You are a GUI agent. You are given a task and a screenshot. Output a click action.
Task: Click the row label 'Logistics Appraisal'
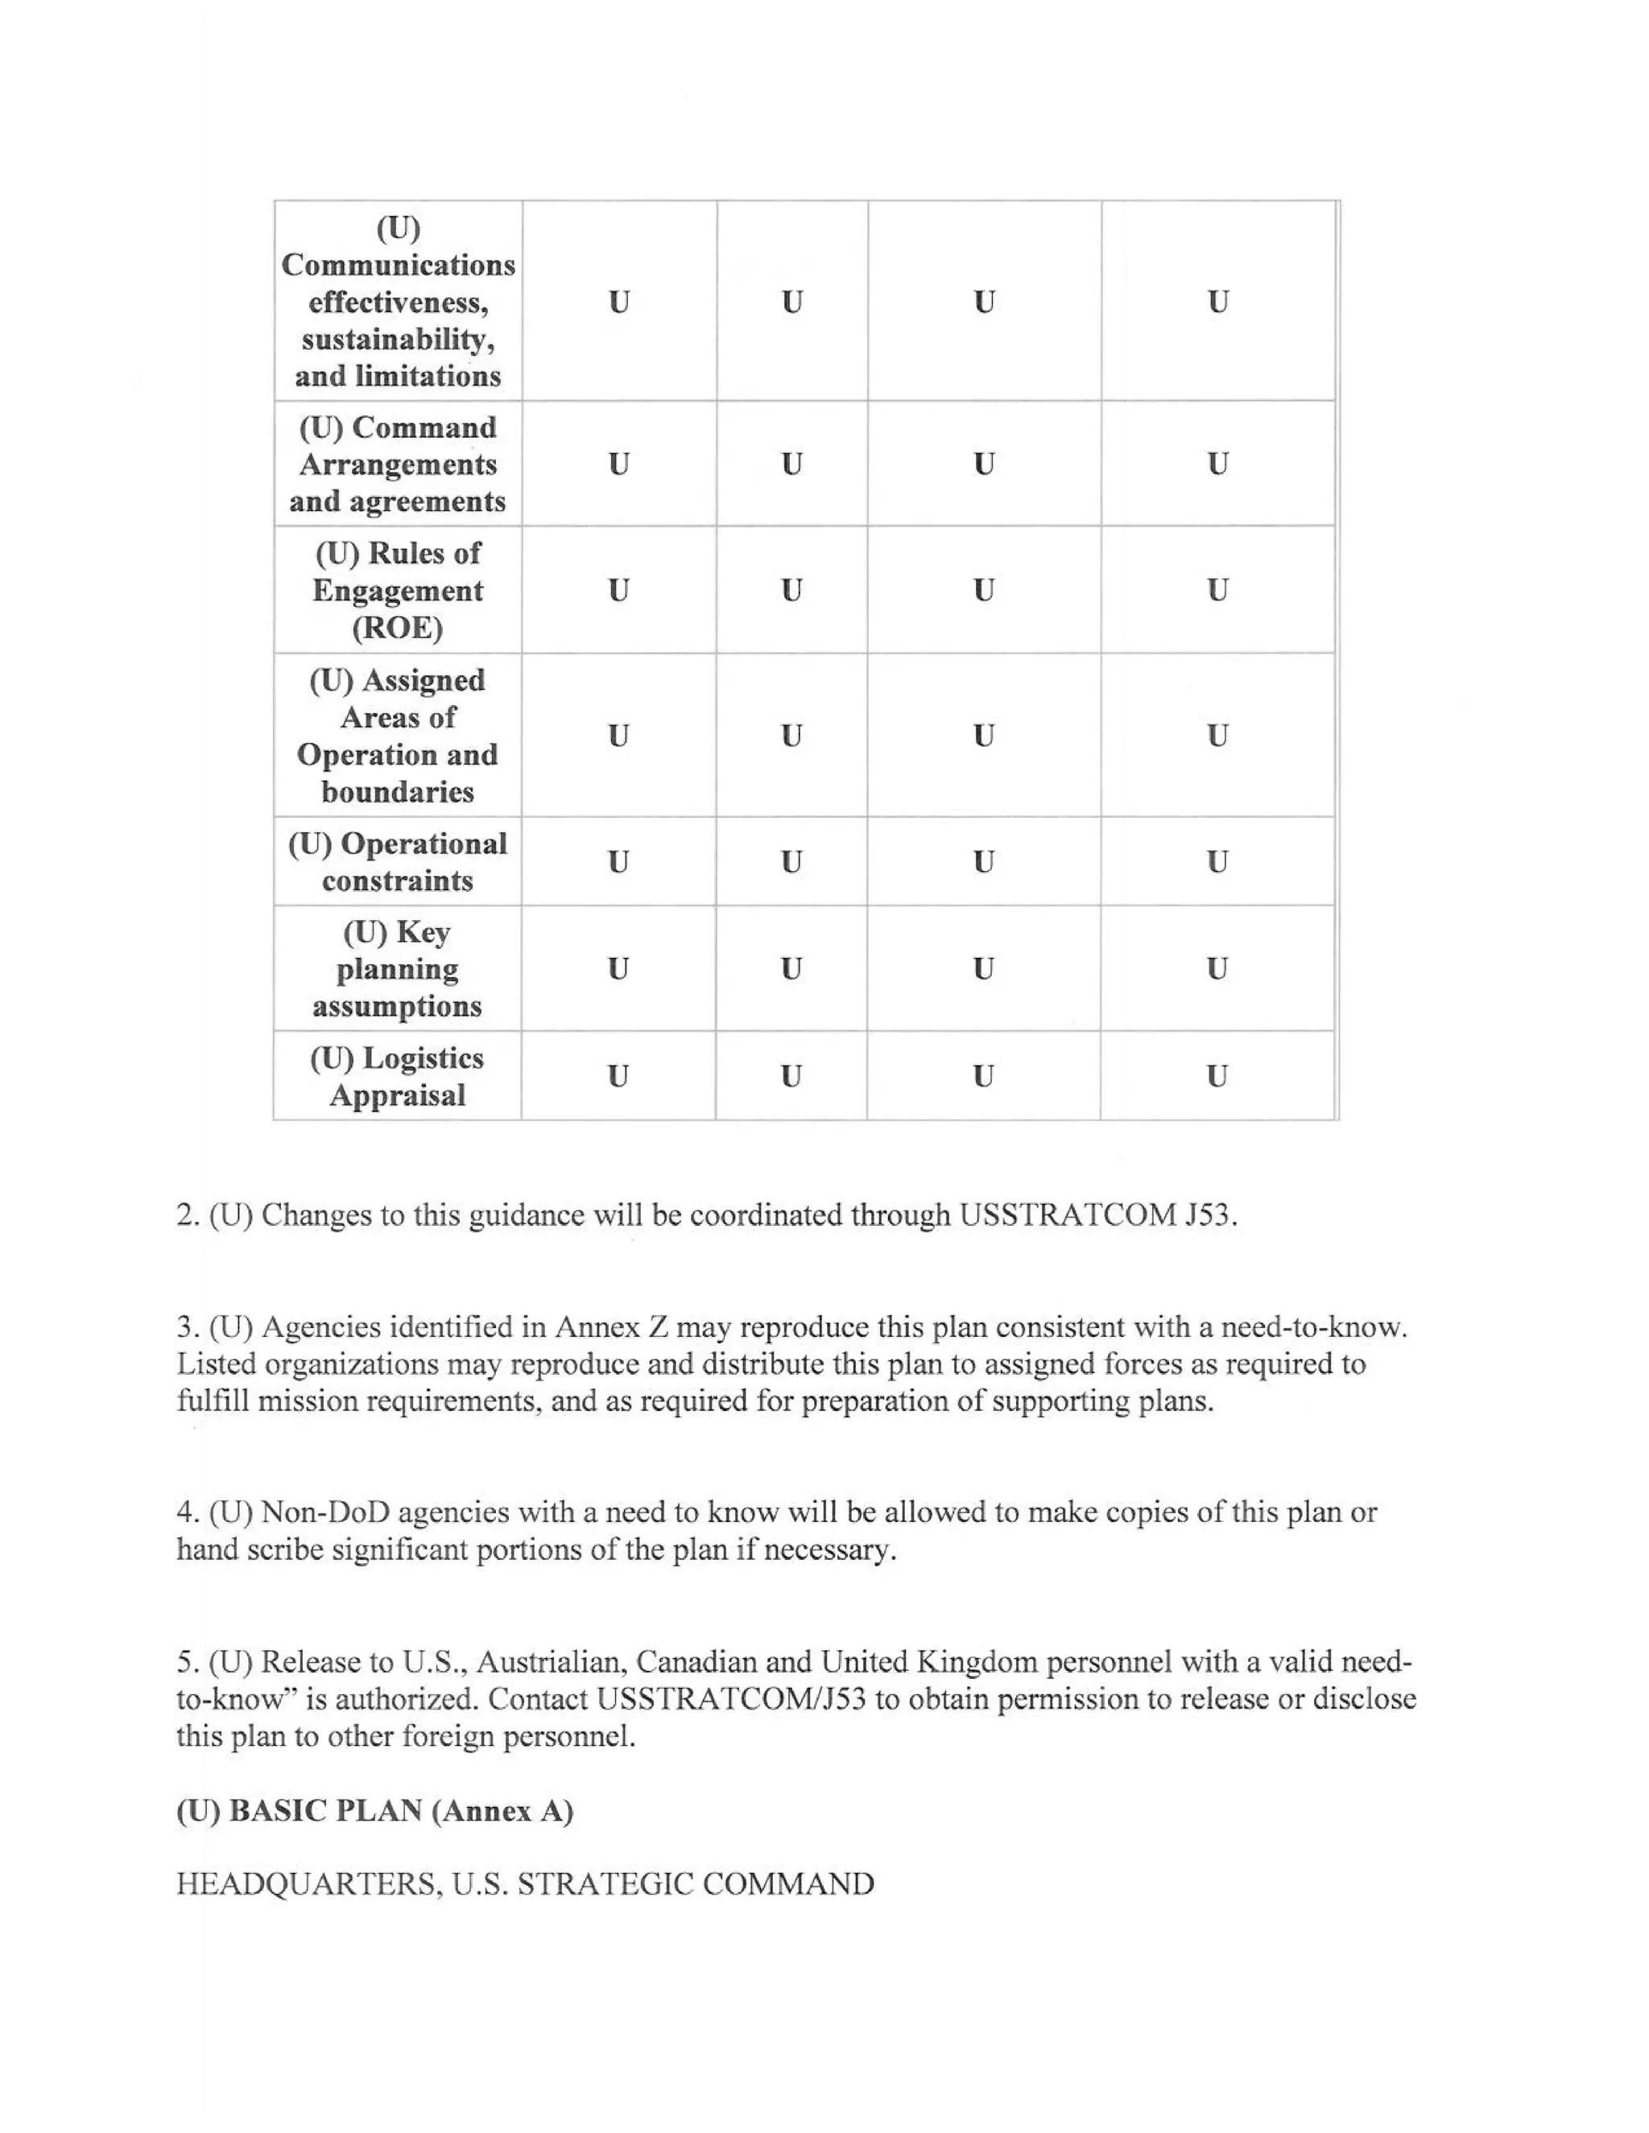click(x=397, y=1076)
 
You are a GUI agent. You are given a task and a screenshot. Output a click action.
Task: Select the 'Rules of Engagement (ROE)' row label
click(x=397, y=590)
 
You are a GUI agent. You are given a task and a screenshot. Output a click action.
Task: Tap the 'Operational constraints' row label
click(x=397, y=861)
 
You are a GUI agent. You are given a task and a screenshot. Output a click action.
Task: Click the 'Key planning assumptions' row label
click(x=397, y=969)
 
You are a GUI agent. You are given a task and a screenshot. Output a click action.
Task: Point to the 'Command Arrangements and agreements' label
click(x=397, y=464)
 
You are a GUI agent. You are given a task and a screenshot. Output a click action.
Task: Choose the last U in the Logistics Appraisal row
click(x=1217, y=1076)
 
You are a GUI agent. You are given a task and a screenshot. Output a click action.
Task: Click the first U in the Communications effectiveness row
click(x=618, y=302)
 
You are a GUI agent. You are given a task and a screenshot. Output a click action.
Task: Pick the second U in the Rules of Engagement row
click(x=791, y=590)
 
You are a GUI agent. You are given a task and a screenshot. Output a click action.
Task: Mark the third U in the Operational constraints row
click(x=983, y=861)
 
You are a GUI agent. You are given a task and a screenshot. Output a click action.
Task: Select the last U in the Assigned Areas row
click(x=1217, y=736)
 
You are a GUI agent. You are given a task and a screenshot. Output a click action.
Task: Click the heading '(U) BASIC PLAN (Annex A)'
click(x=374, y=1811)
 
